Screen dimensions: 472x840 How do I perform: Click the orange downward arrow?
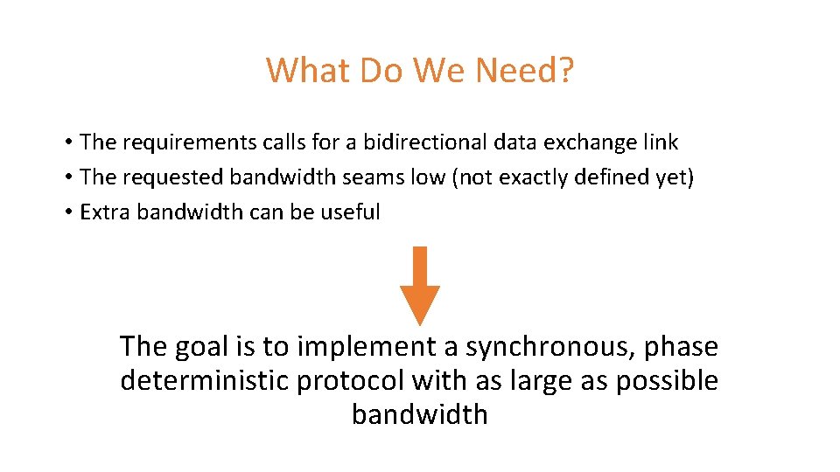(420, 284)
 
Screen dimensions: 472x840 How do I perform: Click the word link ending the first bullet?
(661, 142)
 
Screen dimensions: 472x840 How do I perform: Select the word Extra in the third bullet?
(101, 212)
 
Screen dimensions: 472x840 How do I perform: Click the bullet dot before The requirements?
(67, 142)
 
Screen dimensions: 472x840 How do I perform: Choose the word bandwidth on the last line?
(420, 413)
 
